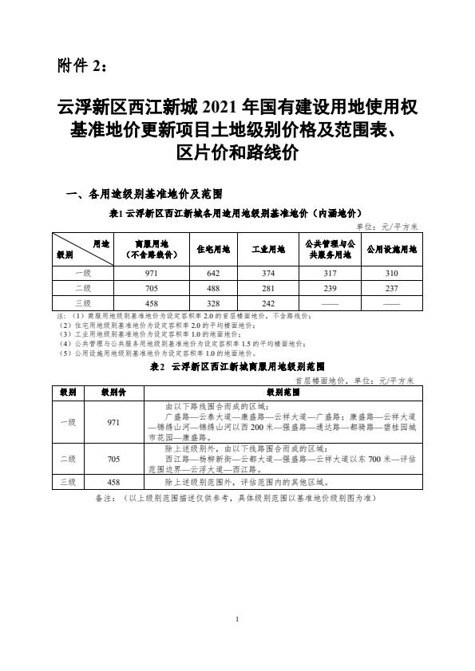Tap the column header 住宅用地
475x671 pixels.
[213, 249]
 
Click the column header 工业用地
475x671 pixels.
[269, 249]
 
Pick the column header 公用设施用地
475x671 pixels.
[391, 249]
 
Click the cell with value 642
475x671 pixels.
[213, 273]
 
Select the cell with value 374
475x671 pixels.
[269, 273]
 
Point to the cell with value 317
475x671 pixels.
[329, 273]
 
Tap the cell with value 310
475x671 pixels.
[391, 273]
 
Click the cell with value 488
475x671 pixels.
[213, 288]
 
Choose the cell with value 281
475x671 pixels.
[269, 288]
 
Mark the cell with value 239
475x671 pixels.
[329, 288]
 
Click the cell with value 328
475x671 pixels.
[213, 303]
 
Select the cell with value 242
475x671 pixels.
[269, 303]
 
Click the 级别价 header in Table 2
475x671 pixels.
[113, 393]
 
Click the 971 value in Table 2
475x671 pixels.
[113, 423]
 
